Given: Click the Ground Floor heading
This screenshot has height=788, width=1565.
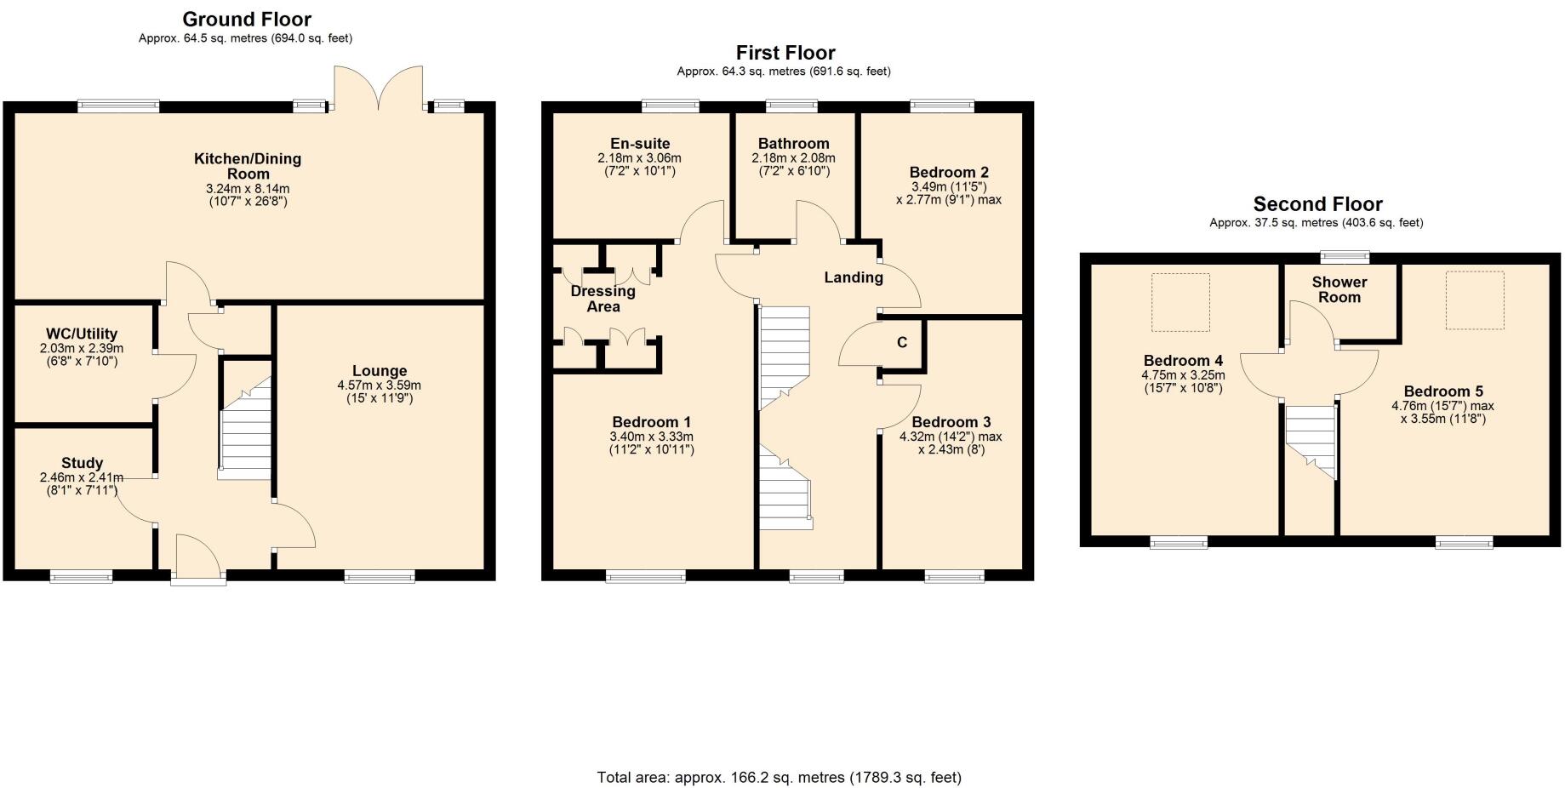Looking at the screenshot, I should [246, 19].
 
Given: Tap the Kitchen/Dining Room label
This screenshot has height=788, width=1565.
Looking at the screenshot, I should [248, 166].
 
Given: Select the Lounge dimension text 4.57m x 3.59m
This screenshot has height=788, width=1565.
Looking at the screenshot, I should [380, 385].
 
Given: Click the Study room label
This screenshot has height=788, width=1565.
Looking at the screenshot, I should [82, 463].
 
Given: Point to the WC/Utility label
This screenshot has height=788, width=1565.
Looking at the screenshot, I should [82, 334].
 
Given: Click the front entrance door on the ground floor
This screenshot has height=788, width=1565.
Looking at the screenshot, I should [198, 562].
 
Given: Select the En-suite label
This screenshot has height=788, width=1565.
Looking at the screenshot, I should [640, 144].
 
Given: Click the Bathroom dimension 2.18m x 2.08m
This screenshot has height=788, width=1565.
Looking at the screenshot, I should [793, 158].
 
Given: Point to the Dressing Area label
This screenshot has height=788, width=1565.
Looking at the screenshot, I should [603, 299].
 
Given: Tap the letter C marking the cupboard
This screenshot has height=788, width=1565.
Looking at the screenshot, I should [902, 343].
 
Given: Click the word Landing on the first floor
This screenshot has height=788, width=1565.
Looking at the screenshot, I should [854, 277].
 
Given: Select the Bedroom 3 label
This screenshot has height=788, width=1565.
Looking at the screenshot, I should [951, 422].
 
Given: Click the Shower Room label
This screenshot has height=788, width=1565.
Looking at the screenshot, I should [1339, 289].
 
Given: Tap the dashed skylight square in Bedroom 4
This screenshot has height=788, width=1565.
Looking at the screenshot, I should [1180, 302].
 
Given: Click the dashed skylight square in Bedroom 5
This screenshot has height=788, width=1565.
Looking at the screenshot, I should [1475, 300].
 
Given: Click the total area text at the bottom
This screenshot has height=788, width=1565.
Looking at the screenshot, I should [779, 777].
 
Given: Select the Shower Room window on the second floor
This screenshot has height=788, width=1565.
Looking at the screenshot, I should [1345, 255].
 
